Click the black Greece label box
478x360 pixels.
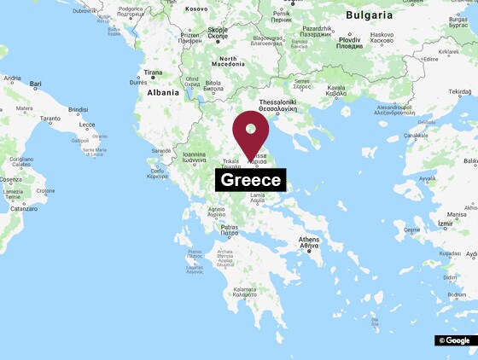pyautogui.click(x=250, y=180)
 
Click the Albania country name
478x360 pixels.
pyautogui.click(x=163, y=92)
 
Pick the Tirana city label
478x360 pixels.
pyautogui.click(x=154, y=73)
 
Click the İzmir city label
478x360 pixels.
pyautogui.click(x=438, y=224)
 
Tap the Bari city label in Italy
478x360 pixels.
pyautogui.click(x=36, y=84)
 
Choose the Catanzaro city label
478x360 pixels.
pyautogui.click(x=24, y=208)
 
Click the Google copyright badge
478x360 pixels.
pyautogui.click(x=454, y=340)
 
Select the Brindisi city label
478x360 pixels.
pyautogui.click(x=78, y=110)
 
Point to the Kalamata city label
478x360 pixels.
pyautogui.click(x=243, y=292)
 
